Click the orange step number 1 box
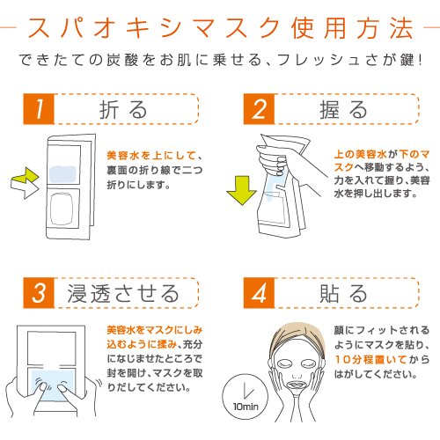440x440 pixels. click(39, 109)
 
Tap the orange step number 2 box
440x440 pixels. click(259, 109)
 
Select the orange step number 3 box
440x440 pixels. click(39, 293)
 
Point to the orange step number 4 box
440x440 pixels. click(259, 293)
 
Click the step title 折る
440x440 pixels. click(123, 110)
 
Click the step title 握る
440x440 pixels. click(343, 110)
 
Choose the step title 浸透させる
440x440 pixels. click(123, 293)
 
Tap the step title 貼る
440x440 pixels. click(343, 293)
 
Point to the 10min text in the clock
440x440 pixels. click(246, 407)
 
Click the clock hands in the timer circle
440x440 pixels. click(248, 390)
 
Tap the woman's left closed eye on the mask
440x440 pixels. click(307, 364)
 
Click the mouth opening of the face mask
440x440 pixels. click(297, 384)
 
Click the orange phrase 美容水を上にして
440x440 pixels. click(151, 155)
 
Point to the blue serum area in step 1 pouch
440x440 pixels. click(62, 174)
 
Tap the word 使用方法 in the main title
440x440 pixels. click(353, 28)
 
